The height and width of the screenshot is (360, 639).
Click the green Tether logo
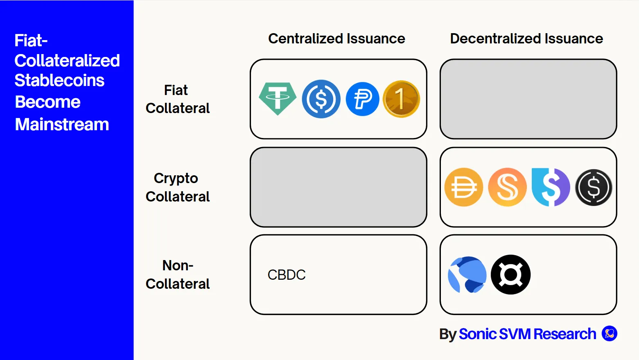278,98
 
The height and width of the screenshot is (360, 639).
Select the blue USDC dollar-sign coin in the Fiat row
321,99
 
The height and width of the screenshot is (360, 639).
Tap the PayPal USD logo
362,99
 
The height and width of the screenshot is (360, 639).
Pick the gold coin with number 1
401,99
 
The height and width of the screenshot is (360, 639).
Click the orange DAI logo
463,187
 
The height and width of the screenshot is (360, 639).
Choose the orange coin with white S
507,187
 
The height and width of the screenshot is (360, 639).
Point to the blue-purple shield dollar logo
551,187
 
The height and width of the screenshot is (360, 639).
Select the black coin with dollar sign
594,187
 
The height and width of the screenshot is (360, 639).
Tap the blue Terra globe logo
467,275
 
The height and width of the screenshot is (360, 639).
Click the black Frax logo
510,275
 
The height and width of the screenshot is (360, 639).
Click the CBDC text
287,275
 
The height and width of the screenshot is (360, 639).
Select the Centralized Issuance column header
336,38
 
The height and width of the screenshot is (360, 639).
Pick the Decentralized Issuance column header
526,38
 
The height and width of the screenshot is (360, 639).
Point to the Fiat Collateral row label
177,99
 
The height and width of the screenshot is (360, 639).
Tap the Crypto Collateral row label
177,187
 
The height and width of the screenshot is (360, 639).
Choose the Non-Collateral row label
177,274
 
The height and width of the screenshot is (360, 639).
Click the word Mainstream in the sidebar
62,125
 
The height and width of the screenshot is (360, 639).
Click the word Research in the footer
565,334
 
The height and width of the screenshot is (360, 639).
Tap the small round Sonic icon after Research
609,333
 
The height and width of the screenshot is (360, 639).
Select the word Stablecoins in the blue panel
59,80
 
